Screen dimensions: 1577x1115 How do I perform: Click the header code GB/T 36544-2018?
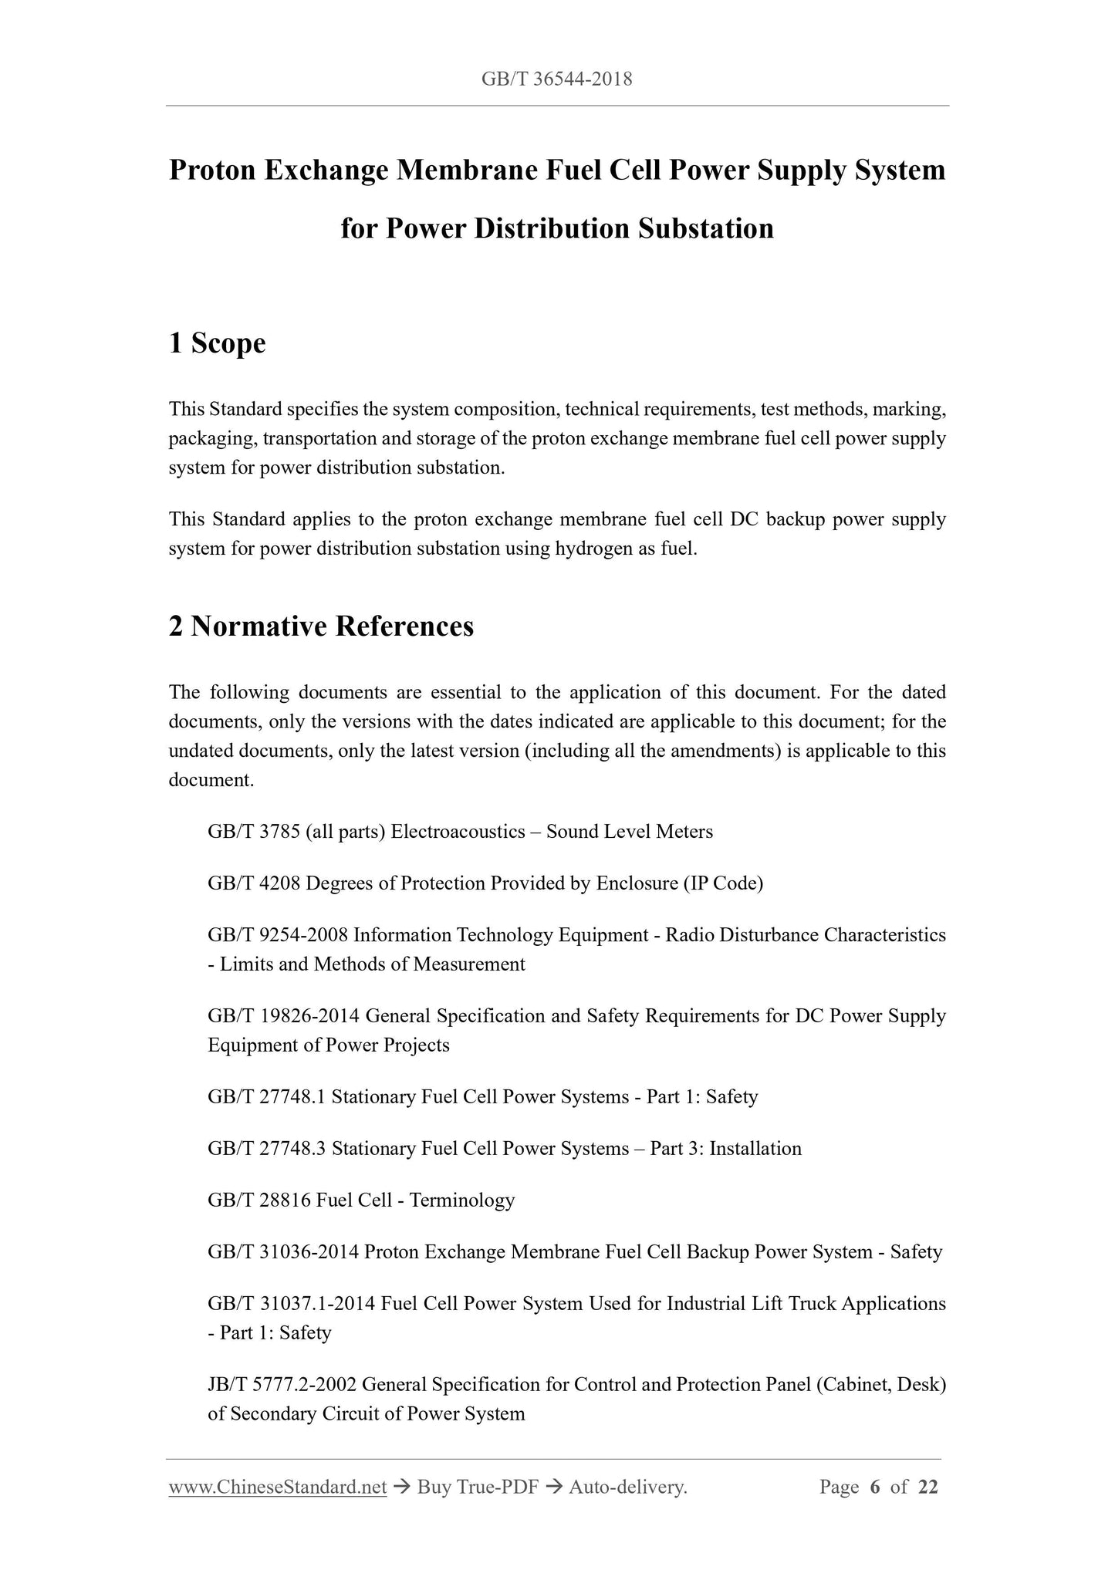[x=556, y=79]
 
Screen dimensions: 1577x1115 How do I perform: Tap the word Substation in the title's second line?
[x=705, y=228]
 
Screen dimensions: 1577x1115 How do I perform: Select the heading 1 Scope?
[x=217, y=343]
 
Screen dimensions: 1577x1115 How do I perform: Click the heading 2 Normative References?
[x=321, y=626]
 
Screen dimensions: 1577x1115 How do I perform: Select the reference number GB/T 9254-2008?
[x=279, y=935]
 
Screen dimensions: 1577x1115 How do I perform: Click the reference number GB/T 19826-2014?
[x=283, y=1016]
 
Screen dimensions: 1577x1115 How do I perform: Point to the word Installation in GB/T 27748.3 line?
[x=755, y=1149]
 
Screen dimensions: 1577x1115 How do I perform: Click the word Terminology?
[x=461, y=1200]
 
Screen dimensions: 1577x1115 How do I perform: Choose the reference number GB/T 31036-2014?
[x=283, y=1252]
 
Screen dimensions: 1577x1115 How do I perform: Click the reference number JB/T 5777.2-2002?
[x=282, y=1385]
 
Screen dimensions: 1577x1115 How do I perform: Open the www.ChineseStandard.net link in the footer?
[x=277, y=1488]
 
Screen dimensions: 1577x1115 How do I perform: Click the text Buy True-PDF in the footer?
[x=477, y=1488]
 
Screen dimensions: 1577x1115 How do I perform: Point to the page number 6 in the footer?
[x=874, y=1488]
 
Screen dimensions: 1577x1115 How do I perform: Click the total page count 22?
[x=927, y=1488]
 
